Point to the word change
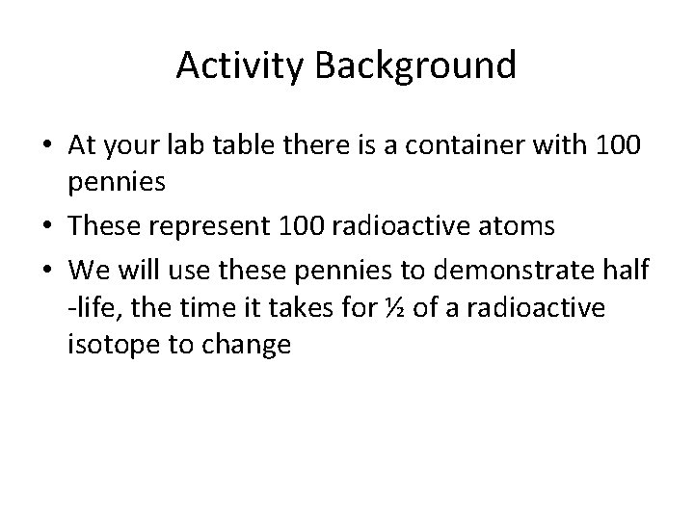pos(247,344)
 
